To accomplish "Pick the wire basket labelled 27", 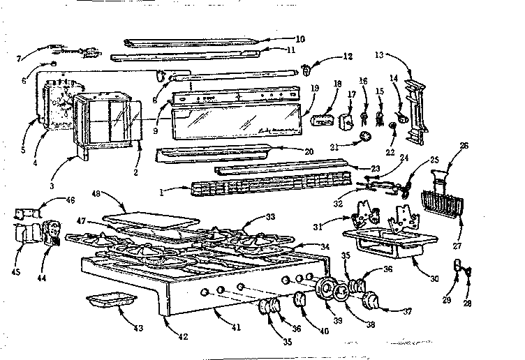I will [x=443, y=202].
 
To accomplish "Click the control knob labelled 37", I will [x=372, y=302].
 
